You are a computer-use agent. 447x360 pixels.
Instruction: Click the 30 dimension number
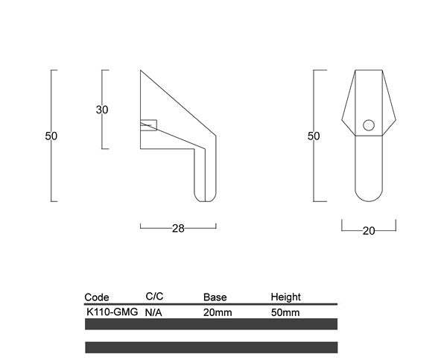click(102, 110)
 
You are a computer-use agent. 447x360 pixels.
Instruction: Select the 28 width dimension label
click(178, 229)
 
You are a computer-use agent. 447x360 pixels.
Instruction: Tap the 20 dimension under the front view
click(368, 230)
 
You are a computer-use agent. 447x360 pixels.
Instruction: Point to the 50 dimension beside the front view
click(314, 136)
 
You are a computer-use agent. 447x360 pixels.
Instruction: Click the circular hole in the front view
click(369, 124)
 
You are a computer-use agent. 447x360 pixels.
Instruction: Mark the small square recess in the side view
click(149, 124)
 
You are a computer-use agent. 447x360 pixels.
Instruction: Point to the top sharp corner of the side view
click(142, 72)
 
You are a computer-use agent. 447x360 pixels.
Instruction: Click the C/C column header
click(154, 297)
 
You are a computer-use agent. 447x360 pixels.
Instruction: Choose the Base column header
click(215, 297)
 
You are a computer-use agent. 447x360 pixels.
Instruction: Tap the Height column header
click(285, 297)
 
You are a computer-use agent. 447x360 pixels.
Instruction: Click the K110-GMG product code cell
click(112, 312)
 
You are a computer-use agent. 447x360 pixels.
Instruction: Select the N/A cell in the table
click(153, 312)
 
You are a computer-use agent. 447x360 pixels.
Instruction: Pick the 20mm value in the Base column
click(218, 312)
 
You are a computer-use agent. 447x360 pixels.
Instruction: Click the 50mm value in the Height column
click(285, 312)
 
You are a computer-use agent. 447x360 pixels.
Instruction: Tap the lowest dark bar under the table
click(211, 347)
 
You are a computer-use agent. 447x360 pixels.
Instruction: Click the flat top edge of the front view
click(369, 71)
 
